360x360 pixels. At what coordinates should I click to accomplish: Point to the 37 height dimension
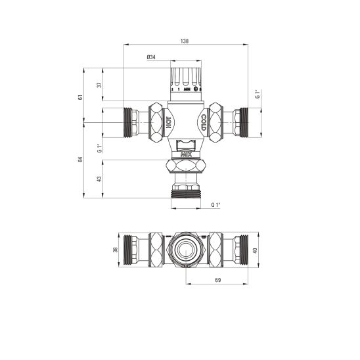point(99,85)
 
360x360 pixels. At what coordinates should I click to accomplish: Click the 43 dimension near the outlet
point(99,178)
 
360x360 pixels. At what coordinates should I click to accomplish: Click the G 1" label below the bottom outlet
point(215,205)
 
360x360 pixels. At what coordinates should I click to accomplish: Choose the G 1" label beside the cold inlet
point(258,93)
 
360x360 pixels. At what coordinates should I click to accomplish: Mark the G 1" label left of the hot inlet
point(99,148)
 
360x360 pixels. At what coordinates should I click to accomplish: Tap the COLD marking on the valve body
point(203,123)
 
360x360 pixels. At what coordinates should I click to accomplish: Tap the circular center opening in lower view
point(185,250)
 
